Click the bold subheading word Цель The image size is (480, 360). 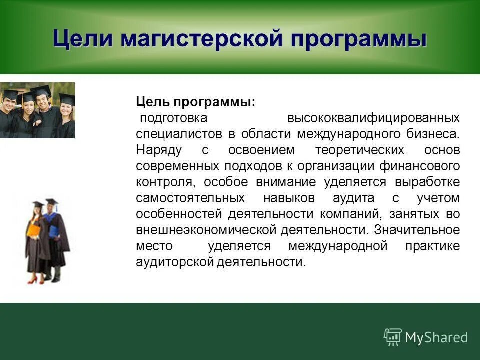point(153,102)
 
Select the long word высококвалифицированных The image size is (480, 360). point(373,118)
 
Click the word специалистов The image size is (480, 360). point(178,134)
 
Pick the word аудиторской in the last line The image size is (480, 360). point(175,262)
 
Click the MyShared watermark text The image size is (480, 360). point(436,337)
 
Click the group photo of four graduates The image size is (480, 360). point(37,110)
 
